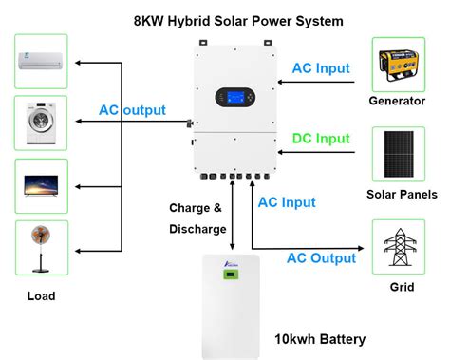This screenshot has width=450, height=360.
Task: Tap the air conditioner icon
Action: pos(42,62)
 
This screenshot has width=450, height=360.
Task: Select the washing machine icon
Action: pos(42,122)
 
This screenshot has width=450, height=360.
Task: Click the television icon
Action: pos(42,185)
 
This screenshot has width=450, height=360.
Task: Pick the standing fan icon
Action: pos(42,248)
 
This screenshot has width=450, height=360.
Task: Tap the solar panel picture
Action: pos(399,155)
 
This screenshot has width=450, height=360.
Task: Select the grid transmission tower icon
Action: pos(399,247)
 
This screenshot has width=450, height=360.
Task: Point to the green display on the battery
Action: pos(229,276)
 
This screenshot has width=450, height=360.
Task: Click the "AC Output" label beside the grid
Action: pos(321,257)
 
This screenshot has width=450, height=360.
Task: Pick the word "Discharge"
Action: pos(197,229)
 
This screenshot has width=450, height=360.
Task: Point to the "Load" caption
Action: pos(41,296)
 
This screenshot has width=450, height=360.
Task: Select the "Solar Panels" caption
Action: pos(401,195)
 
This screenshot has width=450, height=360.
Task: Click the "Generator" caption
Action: pos(400,101)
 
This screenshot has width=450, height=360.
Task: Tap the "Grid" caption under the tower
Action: pos(400,284)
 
